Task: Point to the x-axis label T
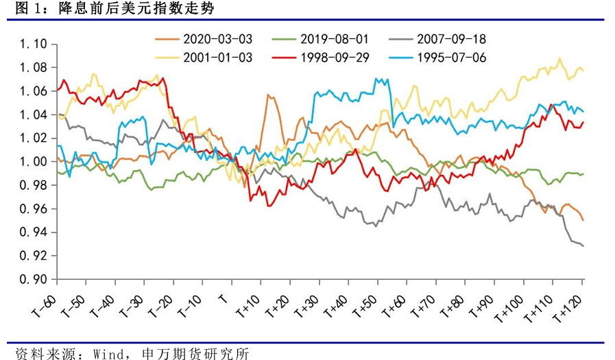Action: (x=221, y=300)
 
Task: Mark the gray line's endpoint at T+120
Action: (x=583, y=245)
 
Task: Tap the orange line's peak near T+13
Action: (x=267, y=95)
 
